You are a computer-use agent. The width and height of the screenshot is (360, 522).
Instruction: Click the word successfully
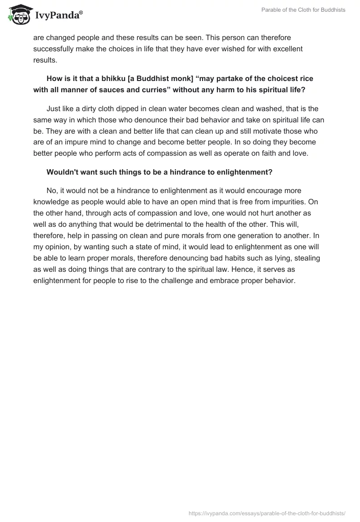pos(56,49)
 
